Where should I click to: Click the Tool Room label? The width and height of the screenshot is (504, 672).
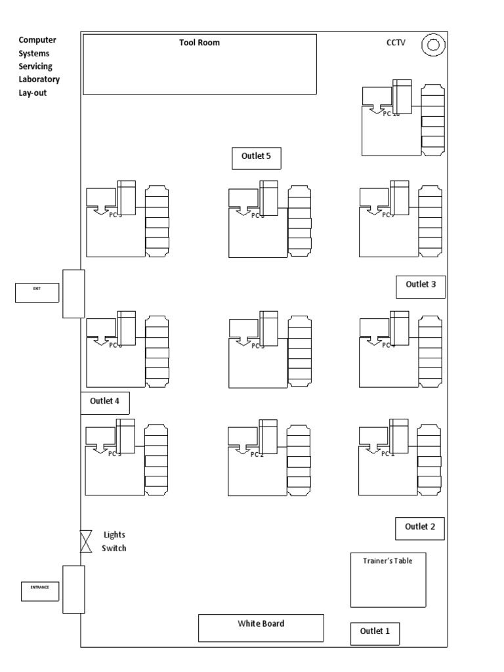[x=199, y=43]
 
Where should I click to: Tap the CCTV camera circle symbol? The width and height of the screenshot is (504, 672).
[x=433, y=45]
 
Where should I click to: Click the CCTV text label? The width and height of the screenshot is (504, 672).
[x=396, y=43]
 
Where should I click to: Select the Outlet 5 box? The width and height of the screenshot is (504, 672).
[x=257, y=157]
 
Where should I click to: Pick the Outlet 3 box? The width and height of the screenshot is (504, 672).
[x=421, y=285]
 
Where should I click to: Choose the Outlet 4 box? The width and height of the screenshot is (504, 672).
[x=104, y=402]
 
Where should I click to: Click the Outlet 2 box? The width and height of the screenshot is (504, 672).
[x=420, y=527]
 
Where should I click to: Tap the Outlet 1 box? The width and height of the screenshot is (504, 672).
[x=375, y=632]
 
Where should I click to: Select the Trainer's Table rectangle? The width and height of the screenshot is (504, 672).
[x=388, y=579]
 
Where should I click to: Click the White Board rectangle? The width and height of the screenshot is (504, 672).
[x=261, y=628]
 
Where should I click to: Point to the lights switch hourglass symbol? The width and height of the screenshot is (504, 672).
[x=86, y=541]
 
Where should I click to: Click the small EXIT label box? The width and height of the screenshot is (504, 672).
[x=37, y=293]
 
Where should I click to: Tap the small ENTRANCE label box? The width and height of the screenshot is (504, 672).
[x=40, y=588]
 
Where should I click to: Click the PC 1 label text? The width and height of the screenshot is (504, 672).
[x=389, y=453]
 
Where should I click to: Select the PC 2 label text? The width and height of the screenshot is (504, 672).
[x=257, y=455]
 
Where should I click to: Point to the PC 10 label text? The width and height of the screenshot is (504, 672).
[x=392, y=114]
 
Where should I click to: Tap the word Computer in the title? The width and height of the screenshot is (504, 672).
[x=37, y=40]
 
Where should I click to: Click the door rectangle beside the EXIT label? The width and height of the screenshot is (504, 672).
[x=73, y=293]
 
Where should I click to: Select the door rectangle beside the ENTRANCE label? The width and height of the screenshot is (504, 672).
[x=73, y=589]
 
